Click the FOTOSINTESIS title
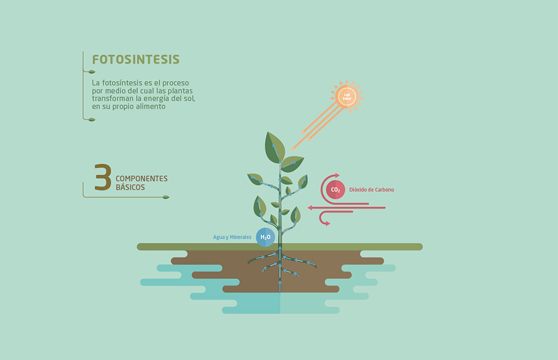[x=135, y=59]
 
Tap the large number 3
[x=103, y=177]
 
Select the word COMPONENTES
[x=141, y=178]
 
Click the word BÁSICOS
[x=130, y=187]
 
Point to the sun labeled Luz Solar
[x=347, y=97]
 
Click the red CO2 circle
[x=335, y=190]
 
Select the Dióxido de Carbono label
[x=372, y=190]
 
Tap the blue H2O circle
[x=266, y=237]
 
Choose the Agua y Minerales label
[x=232, y=237]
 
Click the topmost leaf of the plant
[x=274, y=148]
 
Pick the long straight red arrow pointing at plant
[x=346, y=208]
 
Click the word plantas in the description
[x=180, y=91]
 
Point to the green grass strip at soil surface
[x=280, y=247]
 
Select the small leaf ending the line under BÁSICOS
[x=166, y=197]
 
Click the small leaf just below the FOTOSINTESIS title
[x=92, y=72]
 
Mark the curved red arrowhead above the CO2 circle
[x=336, y=175]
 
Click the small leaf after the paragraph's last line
[x=92, y=120]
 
